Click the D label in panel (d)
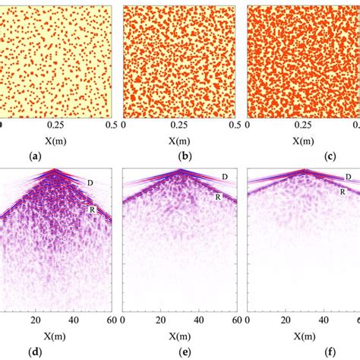pyautogui.click(x=93, y=183)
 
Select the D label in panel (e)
pyautogui.click(x=224, y=177)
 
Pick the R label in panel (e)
pyautogui.click(x=218, y=197)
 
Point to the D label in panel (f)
pyautogui.click(x=348, y=176)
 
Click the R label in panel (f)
pyautogui.click(x=343, y=192)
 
